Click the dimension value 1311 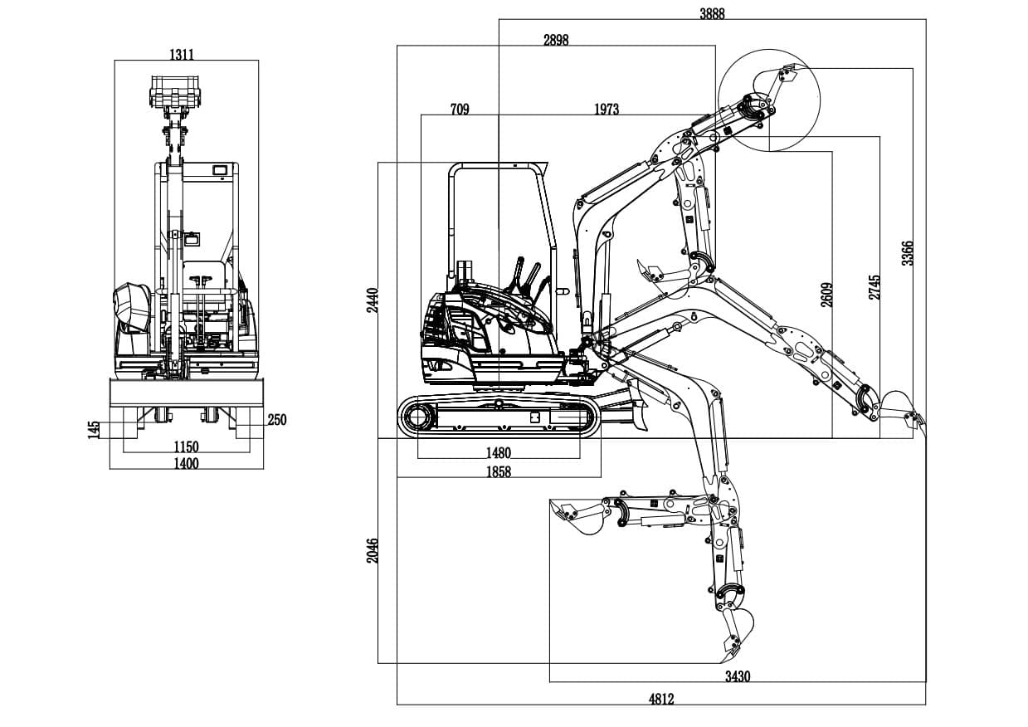click(x=182, y=55)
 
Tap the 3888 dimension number click(x=711, y=12)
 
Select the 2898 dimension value click(x=556, y=40)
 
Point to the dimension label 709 click(x=460, y=109)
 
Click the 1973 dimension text click(x=607, y=109)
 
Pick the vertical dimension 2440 click(x=373, y=300)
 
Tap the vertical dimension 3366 click(x=908, y=252)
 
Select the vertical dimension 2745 click(x=875, y=286)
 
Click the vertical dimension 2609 click(x=827, y=295)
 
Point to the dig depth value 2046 click(x=373, y=550)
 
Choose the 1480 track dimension click(x=499, y=453)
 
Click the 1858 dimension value click(x=499, y=471)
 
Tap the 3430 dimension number click(x=737, y=676)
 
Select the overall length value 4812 click(x=660, y=699)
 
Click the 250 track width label click(x=277, y=420)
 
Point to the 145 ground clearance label click(x=95, y=428)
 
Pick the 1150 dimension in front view click(x=186, y=447)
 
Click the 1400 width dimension click(x=186, y=463)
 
